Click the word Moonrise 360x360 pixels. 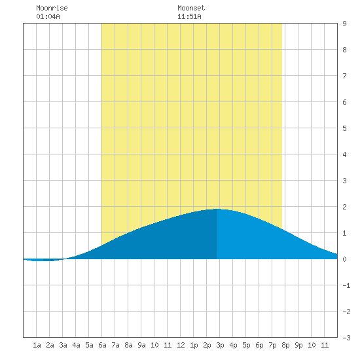click(52, 8)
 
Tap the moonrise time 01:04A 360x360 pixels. click(48, 16)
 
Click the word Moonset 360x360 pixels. click(191, 8)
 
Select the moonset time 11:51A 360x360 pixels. click(189, 16)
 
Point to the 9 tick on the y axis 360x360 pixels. click(344, 24)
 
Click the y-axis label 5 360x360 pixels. click(344, 128)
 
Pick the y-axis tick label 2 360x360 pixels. click(344, 207)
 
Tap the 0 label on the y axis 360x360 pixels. click(344, 259)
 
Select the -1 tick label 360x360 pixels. click(346, 285)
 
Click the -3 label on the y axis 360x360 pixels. click(346, 338)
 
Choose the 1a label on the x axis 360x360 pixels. click(37, 345)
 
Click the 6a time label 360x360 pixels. click(102, 345)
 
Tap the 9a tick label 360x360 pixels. click(141, 345)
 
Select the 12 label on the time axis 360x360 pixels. click(181, 345)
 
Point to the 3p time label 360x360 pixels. click(220, 345)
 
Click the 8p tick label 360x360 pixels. click(285, 345)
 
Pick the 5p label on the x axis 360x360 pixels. click(246, 345)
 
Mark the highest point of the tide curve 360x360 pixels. click(217, 209)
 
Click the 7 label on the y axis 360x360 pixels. click(344, 76)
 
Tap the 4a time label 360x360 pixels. click(76, 345)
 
